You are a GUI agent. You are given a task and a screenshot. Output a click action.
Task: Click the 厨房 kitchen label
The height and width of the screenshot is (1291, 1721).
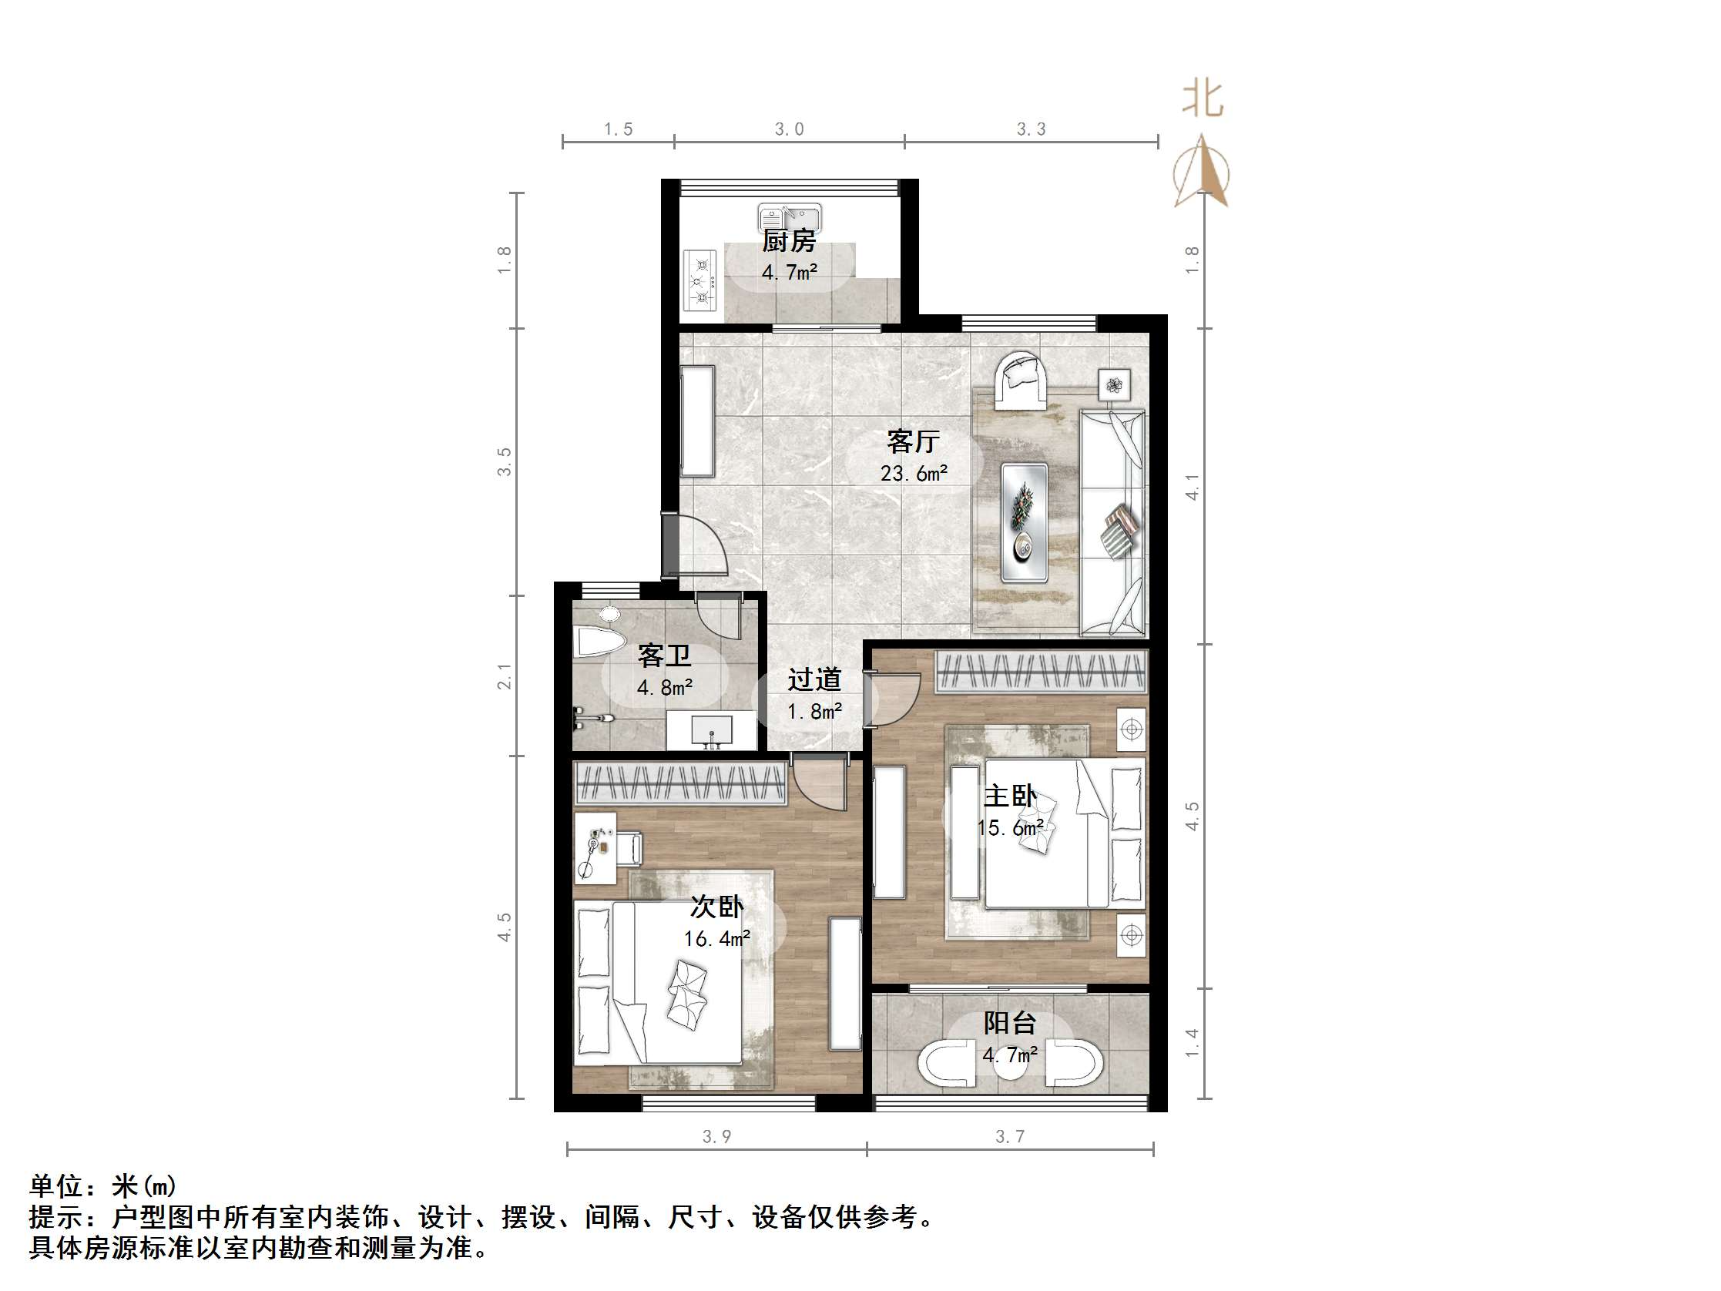pyautogui.click(x=789, y=241)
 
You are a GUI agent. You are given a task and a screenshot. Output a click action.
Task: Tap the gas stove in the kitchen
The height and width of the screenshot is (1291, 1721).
pyautogui.click(x=700, y=280)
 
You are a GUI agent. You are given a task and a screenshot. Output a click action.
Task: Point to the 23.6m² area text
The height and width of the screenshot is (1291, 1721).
pyautogui.click(x=914, y=473)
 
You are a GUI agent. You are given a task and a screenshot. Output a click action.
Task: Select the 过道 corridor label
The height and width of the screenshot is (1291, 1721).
pyautogui.click(x=814, y=680)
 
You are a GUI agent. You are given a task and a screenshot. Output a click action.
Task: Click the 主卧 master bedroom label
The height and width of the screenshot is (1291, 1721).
pyautogui.click(x=1010, y=796)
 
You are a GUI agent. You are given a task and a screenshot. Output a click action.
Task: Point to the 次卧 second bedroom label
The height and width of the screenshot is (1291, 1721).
pyautogui.click(x=716, y=907)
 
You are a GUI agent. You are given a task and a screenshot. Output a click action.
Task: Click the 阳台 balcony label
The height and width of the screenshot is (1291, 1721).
pyautogui.click(x=1010, y=1022)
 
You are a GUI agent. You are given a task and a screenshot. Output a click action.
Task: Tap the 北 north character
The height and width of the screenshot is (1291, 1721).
pyautogui.click(x=1203, y=99)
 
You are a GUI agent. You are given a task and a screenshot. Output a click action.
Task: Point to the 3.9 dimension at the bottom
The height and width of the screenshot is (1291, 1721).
pyautogui.click(x=716, y=1137)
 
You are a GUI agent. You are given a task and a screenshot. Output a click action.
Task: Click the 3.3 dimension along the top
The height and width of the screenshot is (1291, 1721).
pyautogui.click(x=1031, y=129)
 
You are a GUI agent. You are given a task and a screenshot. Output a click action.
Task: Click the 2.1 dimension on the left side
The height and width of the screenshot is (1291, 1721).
pyautogui.click(x=505, y=676)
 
